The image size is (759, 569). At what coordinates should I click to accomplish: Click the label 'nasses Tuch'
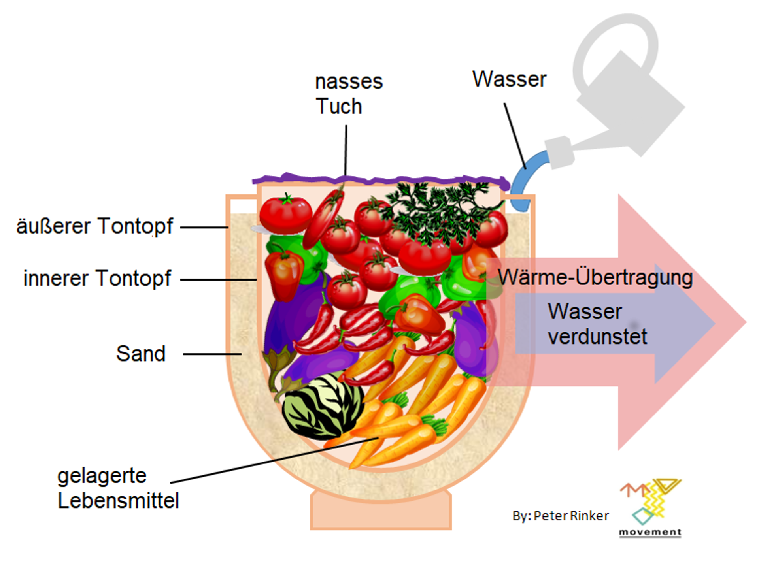pyautogui.click(x=349, y=94)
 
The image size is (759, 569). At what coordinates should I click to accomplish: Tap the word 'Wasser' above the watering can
pyautogui.click(x=509, y=79)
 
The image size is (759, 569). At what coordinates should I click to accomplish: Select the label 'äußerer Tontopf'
pyautogui.click(x=94, y=226)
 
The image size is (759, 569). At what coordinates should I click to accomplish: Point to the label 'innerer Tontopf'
pyautogui.click(x=97, y=278)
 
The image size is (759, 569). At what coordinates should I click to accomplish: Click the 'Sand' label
pyautogui.click(x=141, y=353)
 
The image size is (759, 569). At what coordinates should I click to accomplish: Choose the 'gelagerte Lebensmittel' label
pyautogui.click(x=118, y=488)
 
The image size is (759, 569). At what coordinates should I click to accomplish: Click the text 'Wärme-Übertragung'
pyautogui.click(x=595, y=277)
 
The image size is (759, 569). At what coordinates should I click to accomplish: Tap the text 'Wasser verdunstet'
pyautogui.click(x=597, y=324)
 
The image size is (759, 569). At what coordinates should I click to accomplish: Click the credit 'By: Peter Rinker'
pyautogui.click(x=561, y=516)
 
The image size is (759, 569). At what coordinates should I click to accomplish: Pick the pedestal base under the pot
pyautogui.click(x=381, y=512)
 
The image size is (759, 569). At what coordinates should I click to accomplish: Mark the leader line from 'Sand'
pyautogui.click(x=212, y=354)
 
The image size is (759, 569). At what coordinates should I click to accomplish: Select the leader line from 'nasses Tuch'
pyautogui.click(x=346, y=150)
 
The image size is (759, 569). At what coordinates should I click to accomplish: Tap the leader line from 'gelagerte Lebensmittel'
pyautogui.click(x=273, y=460)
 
